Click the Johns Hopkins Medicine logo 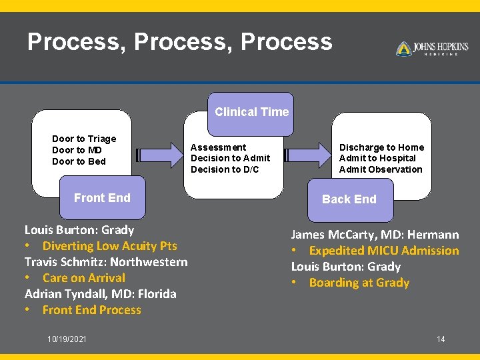(x=432, y=49)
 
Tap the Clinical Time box (x=251, y=112)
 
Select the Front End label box (x=102, y=198)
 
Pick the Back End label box (x=349, y=199)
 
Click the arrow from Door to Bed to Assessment (x=159, y=155)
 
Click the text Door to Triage (x=84, y=139)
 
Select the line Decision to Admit (x=230, y=158)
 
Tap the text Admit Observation (x=381, y=169)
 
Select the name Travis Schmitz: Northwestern (x=106, y=262)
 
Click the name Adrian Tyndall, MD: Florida (x=101, y=294)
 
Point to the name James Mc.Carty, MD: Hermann (x=375, y=235)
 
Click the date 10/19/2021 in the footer (x=67, y=339)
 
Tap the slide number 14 (x=441, y=339)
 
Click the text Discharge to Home (x=381, y=147)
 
